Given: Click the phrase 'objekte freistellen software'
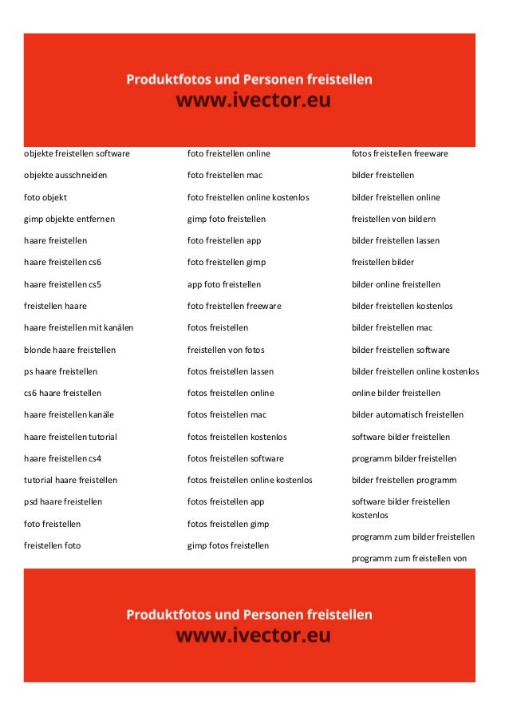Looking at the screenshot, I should click(77, 153).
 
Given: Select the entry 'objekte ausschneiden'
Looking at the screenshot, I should click(65, 175).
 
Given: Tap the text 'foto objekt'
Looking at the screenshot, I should click(45, 197).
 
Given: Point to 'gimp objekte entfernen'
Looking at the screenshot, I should click(69, 219).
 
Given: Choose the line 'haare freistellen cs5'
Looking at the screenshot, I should click(63, 284).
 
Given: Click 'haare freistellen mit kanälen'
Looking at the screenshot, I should click(78, 327).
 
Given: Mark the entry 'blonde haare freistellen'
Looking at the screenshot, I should click(69, 350).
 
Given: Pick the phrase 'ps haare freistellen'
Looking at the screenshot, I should click(61, 371).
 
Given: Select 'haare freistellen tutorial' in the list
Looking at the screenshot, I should click(70, 437).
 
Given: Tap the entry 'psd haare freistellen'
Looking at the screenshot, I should click(63, 502).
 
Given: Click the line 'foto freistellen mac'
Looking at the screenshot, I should click(225, 175).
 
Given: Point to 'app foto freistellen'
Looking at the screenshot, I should click(224, 284).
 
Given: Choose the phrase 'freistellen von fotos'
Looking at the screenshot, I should click(226, 350).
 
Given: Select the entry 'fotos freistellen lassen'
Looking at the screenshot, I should click(231, 371).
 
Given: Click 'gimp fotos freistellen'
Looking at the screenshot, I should click(228, 545).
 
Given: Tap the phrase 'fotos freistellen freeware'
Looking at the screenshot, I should click(400, 153).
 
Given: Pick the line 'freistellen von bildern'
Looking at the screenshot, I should click(393, 219).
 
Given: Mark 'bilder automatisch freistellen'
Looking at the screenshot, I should click(408, 415).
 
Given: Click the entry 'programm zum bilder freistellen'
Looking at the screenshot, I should click(413, 537).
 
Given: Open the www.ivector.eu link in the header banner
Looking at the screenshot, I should click(253, 102).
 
